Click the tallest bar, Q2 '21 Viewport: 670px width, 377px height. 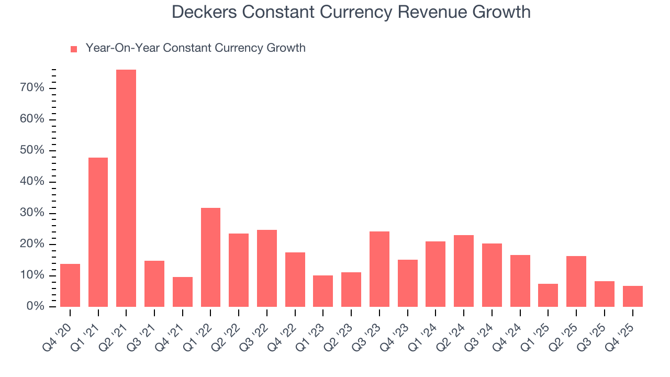click(126, 188)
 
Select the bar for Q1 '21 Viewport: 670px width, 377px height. click(98, 232)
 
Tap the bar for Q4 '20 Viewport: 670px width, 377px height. click(70, 285)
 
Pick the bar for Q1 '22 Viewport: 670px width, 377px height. click(210, 257)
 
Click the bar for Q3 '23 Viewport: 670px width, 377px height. click(379, 269)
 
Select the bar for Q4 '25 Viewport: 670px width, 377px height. click(632, 296)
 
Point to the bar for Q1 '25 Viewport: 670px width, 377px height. click(548, 295)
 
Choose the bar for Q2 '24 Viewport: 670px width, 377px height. click(464, 271)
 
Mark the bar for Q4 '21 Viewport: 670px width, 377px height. click(183, 292)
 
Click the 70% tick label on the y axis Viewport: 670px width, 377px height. click(32, 88)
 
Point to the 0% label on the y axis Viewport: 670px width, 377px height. click(35, 307)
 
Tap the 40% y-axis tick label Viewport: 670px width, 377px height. click(32, 182)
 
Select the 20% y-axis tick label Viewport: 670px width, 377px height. click(32, 245)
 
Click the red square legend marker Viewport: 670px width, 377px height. click(74, 49)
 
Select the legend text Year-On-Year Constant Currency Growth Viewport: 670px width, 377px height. click(195, 48)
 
